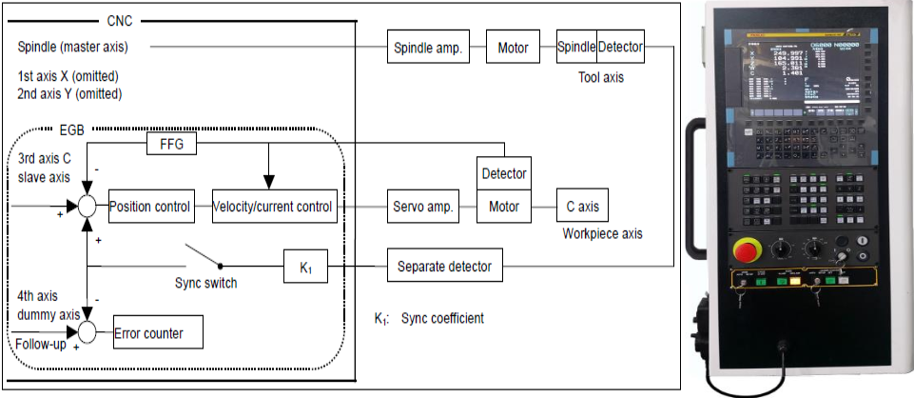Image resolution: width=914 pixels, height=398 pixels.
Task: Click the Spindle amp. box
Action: [x=427, y=47]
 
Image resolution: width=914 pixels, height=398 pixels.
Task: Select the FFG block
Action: [x=172, y=144]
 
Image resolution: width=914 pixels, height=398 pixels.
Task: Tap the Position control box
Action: [x=150, y=207]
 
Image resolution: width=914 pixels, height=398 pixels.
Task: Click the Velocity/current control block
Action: [x=274, y=207]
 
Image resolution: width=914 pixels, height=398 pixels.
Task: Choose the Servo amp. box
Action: [x=421, y=207]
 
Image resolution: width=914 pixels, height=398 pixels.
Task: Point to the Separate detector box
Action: [x=444, y=267]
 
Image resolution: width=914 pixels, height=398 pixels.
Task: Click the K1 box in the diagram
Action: [x=306, y=267]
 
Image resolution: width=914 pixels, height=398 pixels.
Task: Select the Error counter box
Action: [x=148, y=333]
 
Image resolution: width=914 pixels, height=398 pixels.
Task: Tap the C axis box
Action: [x=582, y=207]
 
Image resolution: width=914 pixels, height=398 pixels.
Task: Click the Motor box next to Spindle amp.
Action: [x=513, y=47]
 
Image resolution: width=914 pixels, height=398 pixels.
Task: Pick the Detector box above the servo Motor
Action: [x=503, y=174]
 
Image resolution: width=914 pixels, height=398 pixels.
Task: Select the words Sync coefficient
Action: [x=442, y=318]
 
